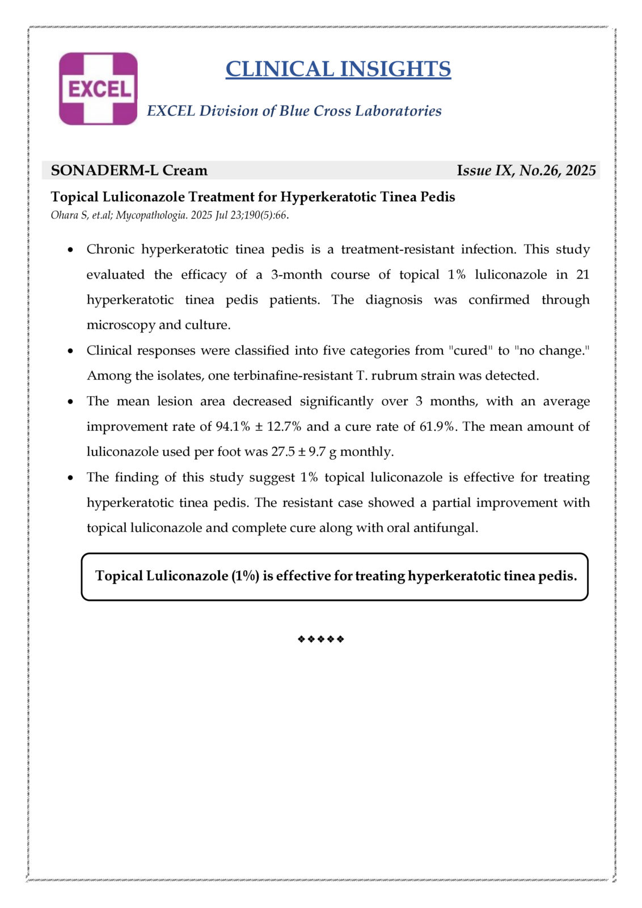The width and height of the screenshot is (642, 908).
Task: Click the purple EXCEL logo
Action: click(98, 89)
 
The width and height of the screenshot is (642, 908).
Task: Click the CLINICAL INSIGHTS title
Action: click(338, 69)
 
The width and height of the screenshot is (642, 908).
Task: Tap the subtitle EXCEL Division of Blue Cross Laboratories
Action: click(294, 111)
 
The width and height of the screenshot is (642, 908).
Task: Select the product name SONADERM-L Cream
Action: click(129, 170)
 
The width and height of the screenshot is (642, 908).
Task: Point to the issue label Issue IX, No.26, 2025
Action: click(526, 170)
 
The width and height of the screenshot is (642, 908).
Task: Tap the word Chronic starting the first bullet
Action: click(110, 250)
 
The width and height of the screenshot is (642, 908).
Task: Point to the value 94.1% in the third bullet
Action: click(233, 427)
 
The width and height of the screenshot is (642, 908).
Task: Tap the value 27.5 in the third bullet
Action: click(283, 452)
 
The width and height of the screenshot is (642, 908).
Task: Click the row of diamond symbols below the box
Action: click(321, 639)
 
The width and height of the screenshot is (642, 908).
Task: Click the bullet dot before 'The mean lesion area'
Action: click(70, 402)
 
